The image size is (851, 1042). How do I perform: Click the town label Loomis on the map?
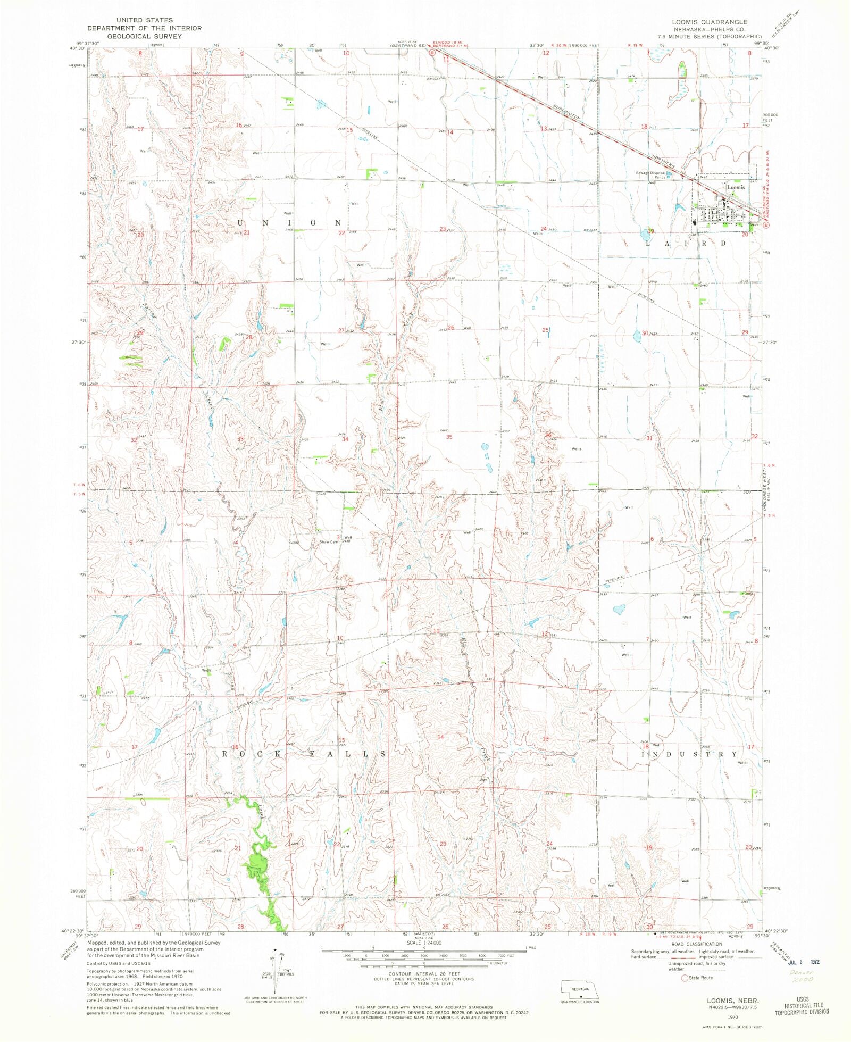click(x=736, y=187)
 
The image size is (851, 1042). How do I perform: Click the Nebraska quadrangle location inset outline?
click(x=580, y=990)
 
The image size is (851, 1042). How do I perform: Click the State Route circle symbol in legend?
click(x=685, y=978)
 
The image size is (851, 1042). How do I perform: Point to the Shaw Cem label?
click(x=328, y=542)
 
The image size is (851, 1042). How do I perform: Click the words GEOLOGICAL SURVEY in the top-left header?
click(x=145, y=36)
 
